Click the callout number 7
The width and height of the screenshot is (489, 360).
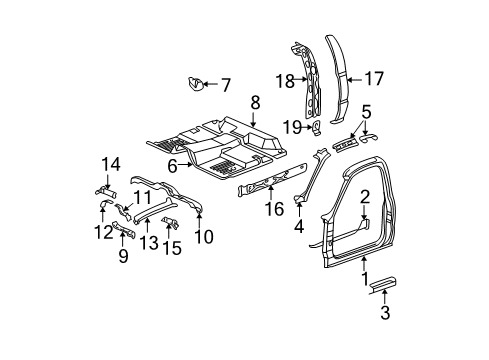pyautogui.click(x=225, y=85)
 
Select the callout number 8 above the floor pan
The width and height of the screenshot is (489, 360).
pyautogui.click(x=255, y=102)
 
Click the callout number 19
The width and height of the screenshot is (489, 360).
pyautogui.click(x=291, y=126)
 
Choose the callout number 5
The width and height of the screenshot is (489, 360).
pyautogui.click(x=366, y=112)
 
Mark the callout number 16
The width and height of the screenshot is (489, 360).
pyautogui.click(x=268, y=211)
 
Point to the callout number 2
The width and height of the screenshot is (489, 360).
pyautogui.click(x=365, y=196)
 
